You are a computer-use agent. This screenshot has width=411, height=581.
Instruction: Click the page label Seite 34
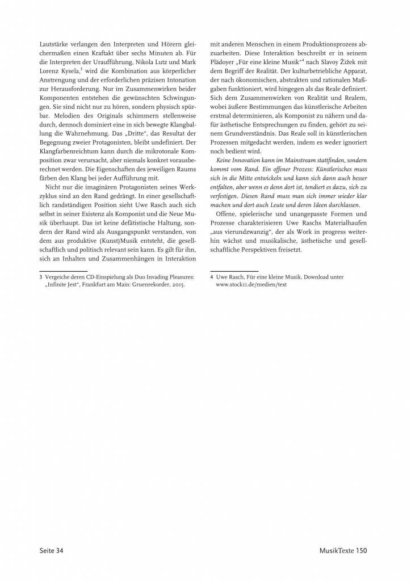pos(51,549)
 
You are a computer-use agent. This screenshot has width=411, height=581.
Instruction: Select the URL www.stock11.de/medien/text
pos(251,285)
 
